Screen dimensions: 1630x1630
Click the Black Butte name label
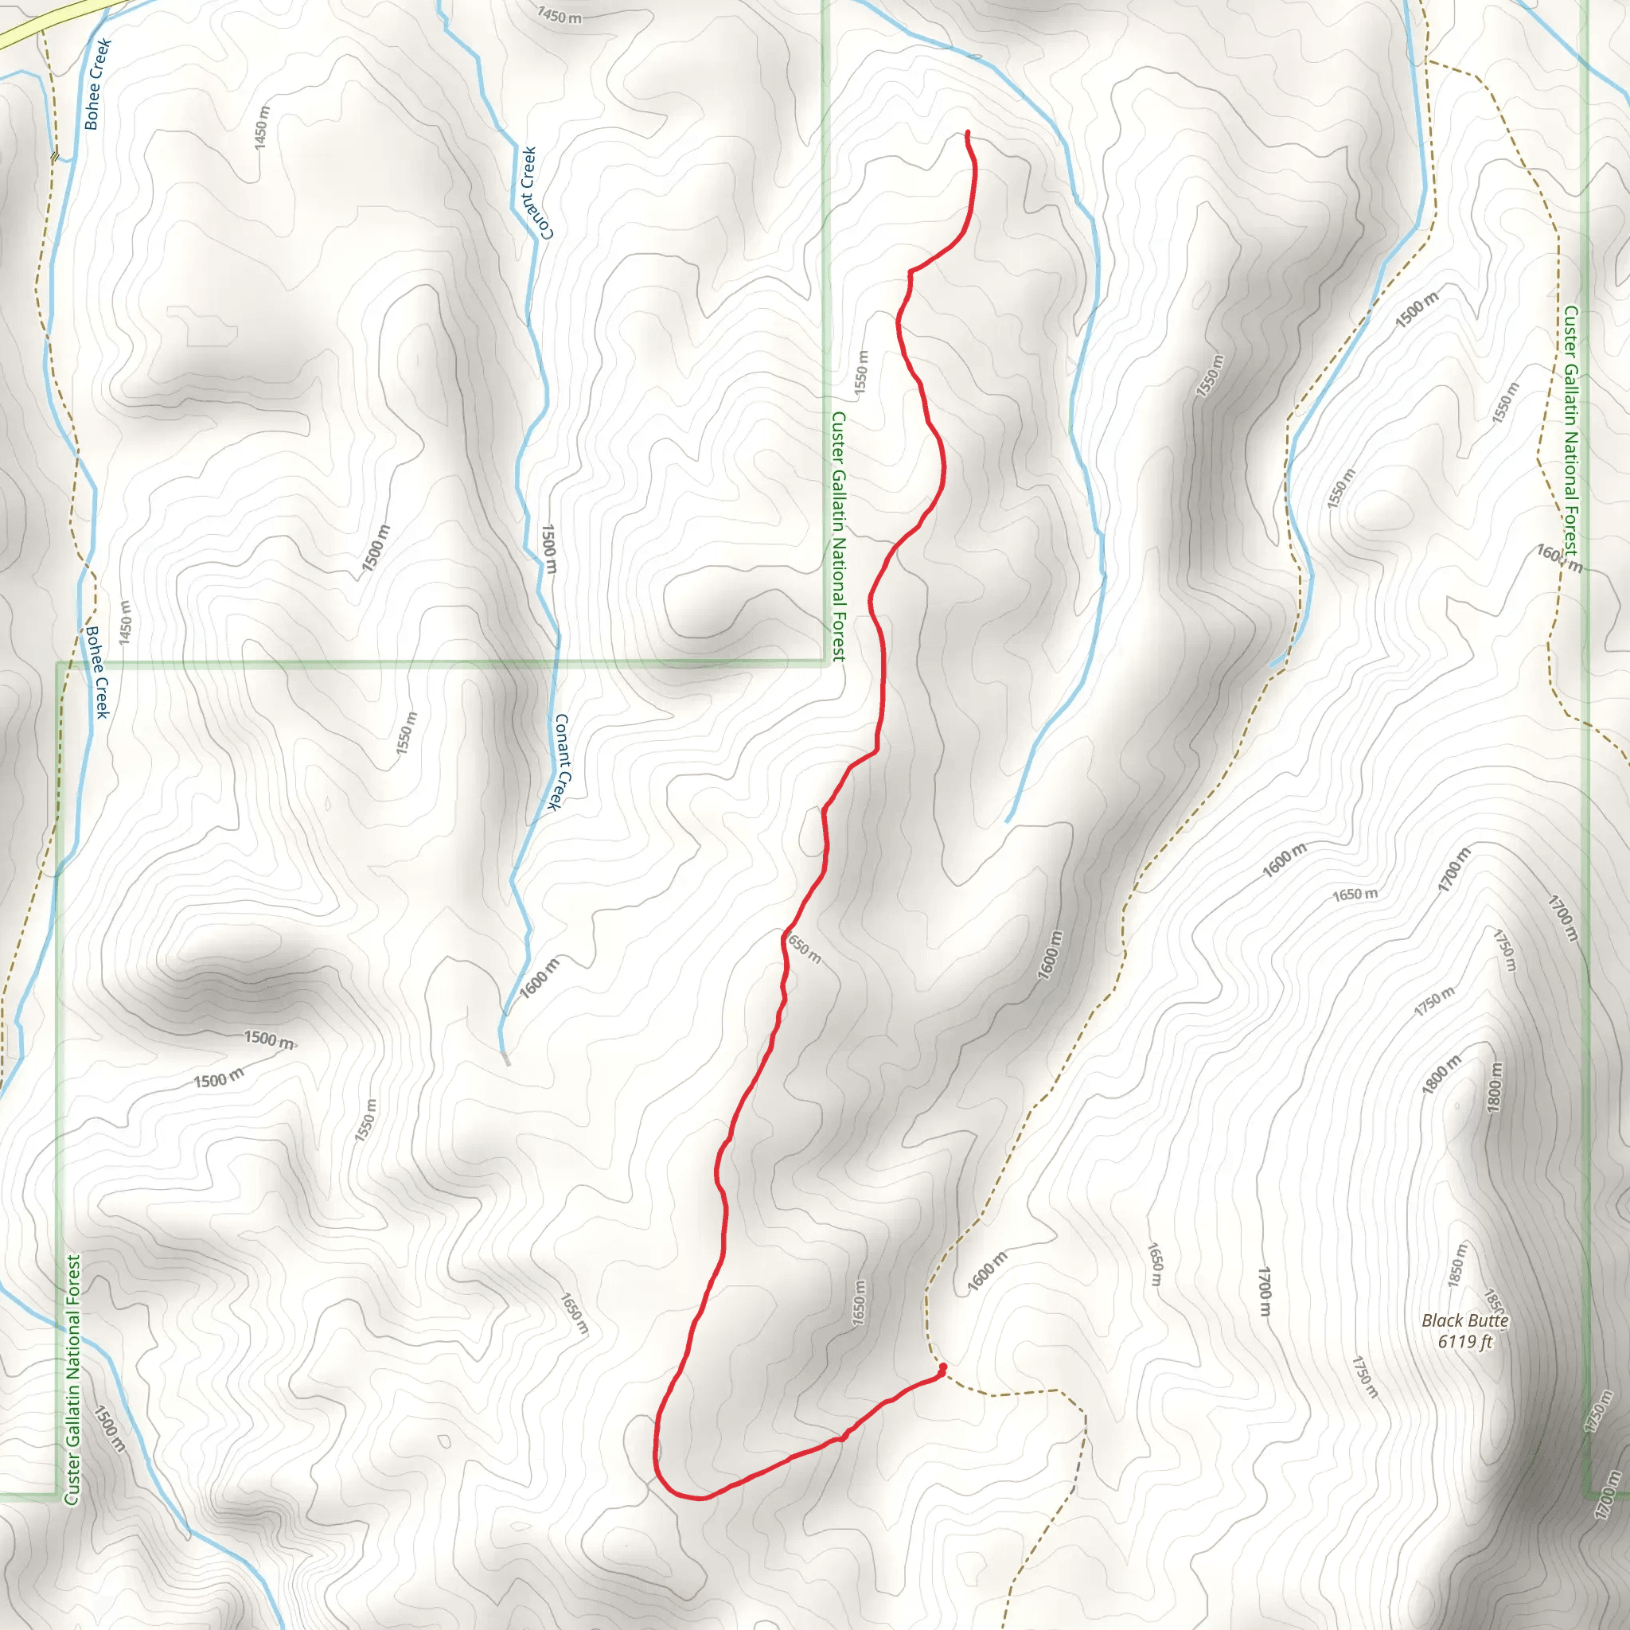tap(1465, 1320)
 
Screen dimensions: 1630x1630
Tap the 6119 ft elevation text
tap(1465, 1341)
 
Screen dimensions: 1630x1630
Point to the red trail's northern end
tap(967, 133)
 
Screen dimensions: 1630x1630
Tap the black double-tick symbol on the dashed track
tap(55, 155)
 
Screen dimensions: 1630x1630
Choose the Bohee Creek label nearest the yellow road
tap(96, 84)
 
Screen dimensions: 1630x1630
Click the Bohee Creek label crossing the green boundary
tap(98, 672)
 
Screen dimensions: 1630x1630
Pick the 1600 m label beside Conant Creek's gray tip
tap(539, 979)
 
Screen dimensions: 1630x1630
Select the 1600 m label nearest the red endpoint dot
tap(987, 1271)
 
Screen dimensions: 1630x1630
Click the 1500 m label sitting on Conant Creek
tap(548, 549)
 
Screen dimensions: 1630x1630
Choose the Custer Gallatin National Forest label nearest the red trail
tap(838, 536)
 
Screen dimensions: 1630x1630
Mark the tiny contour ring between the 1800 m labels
tap(1457, 1106)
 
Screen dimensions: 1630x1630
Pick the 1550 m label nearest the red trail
tap(860, 372)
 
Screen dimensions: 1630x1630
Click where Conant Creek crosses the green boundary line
tap(556, 663)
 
